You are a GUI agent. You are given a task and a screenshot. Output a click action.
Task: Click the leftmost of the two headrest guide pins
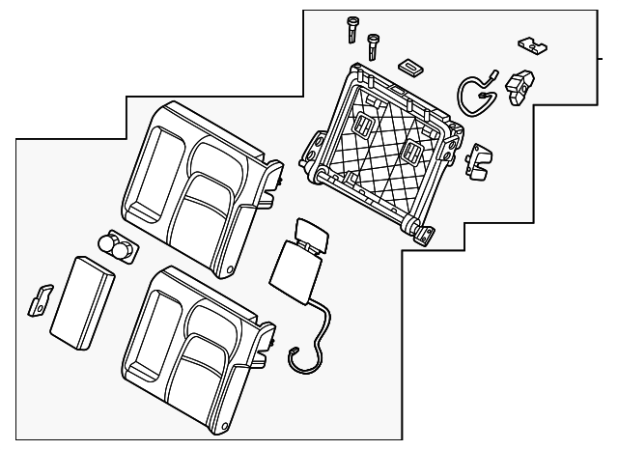point(351,29)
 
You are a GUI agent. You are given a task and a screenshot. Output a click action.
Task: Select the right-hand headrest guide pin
point(372,44)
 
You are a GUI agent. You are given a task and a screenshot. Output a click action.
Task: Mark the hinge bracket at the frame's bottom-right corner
point(421,232)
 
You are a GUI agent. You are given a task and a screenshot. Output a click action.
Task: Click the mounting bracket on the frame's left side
point(314,148)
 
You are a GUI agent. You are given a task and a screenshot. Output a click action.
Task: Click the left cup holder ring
point(108,244)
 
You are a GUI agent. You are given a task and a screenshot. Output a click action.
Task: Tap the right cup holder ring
point(125,250)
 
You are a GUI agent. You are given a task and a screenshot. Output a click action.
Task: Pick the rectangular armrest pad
point(82,299)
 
